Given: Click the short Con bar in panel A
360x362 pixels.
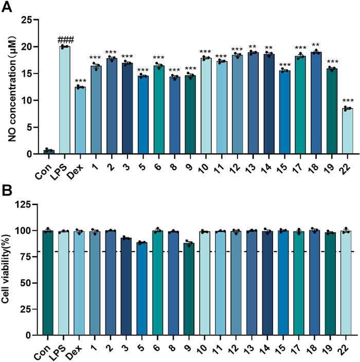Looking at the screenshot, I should point(49,152).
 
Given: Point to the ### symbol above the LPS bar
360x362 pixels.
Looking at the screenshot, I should point(65,40).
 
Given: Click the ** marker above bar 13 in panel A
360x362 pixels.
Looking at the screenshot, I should point(253,46).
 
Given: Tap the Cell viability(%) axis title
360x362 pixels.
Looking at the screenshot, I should point(8,270).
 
